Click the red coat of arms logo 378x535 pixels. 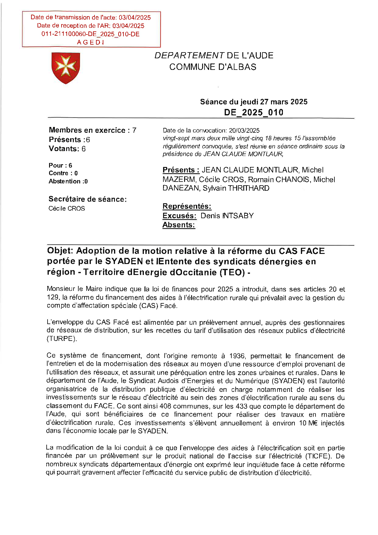66,68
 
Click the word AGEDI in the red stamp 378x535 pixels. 91,42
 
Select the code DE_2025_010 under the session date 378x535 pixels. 254,112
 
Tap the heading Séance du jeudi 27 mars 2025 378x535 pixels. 254,102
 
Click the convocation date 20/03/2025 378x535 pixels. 244,131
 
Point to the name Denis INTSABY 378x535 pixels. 227,216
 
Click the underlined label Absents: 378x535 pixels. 179,225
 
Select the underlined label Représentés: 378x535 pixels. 187,206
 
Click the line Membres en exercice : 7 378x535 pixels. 92,130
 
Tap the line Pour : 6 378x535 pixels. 60,165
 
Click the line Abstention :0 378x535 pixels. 68,181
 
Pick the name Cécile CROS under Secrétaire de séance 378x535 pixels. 67,208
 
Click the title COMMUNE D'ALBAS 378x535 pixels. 213,67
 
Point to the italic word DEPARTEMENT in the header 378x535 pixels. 189,56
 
